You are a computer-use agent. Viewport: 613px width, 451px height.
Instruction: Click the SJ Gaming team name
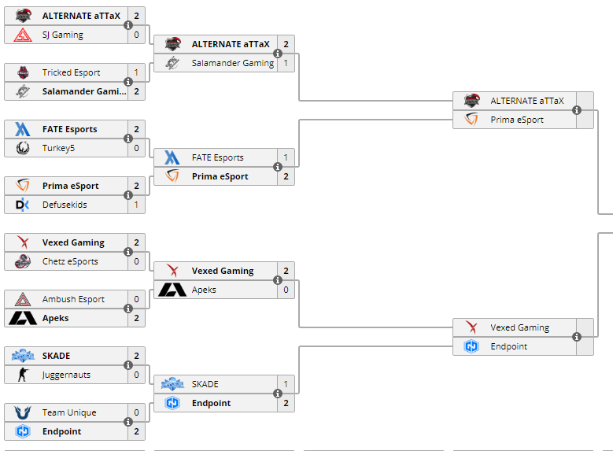(x=63, y=35)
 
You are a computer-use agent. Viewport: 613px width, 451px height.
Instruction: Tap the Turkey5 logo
(x=23, y=148)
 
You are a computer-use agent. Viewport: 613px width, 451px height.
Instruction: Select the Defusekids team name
(x=65, y=205)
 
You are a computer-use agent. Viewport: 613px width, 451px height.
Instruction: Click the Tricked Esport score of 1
(x=136, y=72)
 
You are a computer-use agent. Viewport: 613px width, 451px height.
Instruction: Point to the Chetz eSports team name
(x=70, y=261)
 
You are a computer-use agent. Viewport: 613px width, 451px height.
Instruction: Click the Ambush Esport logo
(x=23, y=299)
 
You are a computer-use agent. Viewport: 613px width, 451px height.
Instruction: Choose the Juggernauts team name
(x=66, y=375)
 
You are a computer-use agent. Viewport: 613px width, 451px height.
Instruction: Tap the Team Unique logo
(x=23, y=412)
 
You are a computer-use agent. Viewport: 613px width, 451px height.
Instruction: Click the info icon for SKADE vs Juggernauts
(x=128, y=365)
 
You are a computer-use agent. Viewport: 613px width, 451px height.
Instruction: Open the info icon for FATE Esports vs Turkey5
(x=128, y=139)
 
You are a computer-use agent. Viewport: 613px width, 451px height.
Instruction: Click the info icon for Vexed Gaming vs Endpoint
(x=577, y=337)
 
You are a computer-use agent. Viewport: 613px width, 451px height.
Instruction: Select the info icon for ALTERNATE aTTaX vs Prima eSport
(x=577, y=110)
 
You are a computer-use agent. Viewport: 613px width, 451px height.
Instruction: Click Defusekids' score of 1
(x=136, y=205)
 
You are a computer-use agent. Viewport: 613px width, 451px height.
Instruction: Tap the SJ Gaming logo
(x=23, y=35)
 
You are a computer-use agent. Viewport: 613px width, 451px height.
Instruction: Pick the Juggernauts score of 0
(x=136, y=375)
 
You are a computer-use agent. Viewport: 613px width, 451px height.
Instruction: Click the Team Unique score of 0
(x=136, y=412)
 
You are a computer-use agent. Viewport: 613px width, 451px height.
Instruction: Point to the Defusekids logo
(x=23, y=205)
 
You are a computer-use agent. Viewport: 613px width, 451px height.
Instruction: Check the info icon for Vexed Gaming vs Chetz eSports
(x=128, y=252)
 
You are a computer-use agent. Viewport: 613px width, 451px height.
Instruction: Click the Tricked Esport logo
(x=23, y=72)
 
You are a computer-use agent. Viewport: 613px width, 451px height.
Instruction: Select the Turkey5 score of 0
(x=136, y=148)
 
